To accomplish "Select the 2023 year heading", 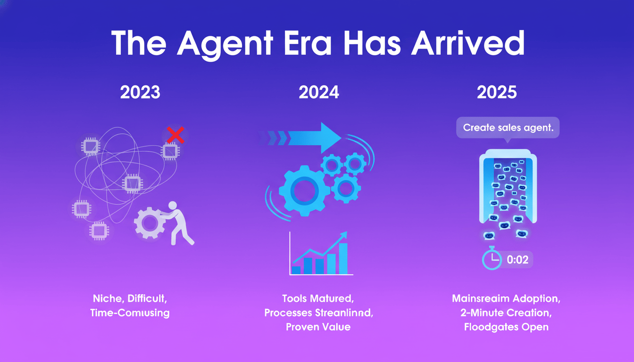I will click(140, 92).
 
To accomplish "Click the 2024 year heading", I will click(319, 92).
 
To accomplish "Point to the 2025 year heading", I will click(497, 92).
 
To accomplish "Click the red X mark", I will click(175, 135).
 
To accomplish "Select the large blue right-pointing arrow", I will click(311, 137).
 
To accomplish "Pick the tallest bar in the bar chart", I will click(343, 258).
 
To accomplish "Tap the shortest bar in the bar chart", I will click(296, 270).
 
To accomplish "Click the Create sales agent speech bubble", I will click(508, 128).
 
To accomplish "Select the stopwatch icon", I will click(491, 259).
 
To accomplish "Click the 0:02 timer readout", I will click(517, 260).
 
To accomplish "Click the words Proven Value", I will click(318, 327).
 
